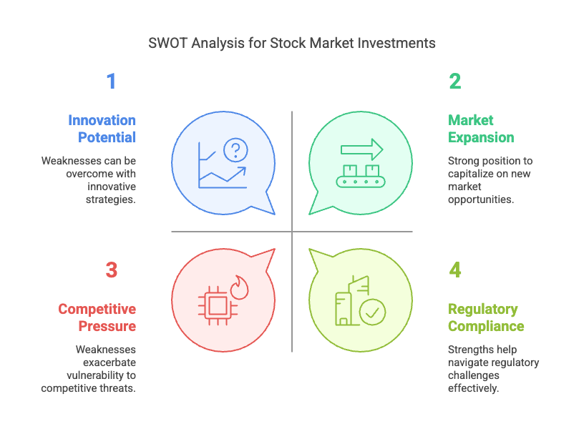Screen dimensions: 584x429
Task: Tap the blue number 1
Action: [x=112, y=81]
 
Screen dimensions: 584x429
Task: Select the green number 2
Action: [x=454, y=81]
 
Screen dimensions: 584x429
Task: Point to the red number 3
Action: [x=112, y=270]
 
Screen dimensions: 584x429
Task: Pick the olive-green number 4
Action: [x=454, y=270]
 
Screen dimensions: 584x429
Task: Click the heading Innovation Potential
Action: [x=102, y=129]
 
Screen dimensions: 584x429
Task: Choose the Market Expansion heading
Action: [x=481, y=129]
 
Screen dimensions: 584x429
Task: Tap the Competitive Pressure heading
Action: [x=97, y=317]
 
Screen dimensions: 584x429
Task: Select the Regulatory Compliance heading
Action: [x=486, y=317]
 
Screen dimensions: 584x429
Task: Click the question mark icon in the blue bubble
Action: [x=235, y=150]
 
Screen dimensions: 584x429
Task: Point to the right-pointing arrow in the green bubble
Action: [x=361, y=149]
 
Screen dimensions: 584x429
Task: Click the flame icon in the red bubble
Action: [x=239, y=287]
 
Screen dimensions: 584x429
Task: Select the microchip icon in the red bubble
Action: [x=218, y=306]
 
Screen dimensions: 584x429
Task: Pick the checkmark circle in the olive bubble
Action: [x=372, y=312]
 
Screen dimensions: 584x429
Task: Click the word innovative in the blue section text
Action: [x=112, y=187]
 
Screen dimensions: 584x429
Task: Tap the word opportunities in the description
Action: [x=481, y=199]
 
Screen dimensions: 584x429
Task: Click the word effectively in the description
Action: [x=473, y=388]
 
